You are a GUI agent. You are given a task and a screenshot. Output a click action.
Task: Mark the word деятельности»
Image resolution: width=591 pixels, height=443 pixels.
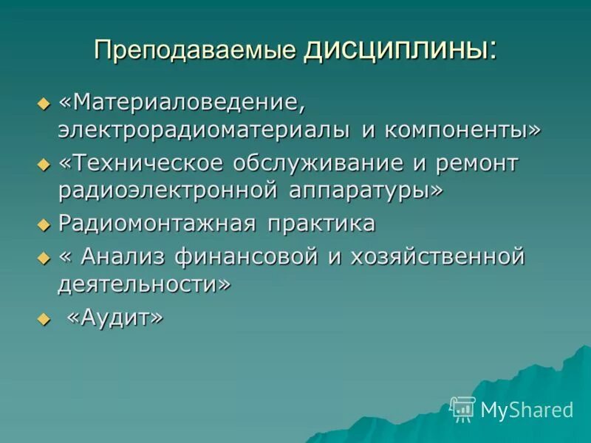point(144,284)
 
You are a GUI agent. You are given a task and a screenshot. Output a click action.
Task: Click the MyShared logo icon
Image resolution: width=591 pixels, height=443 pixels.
point(462,408)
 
